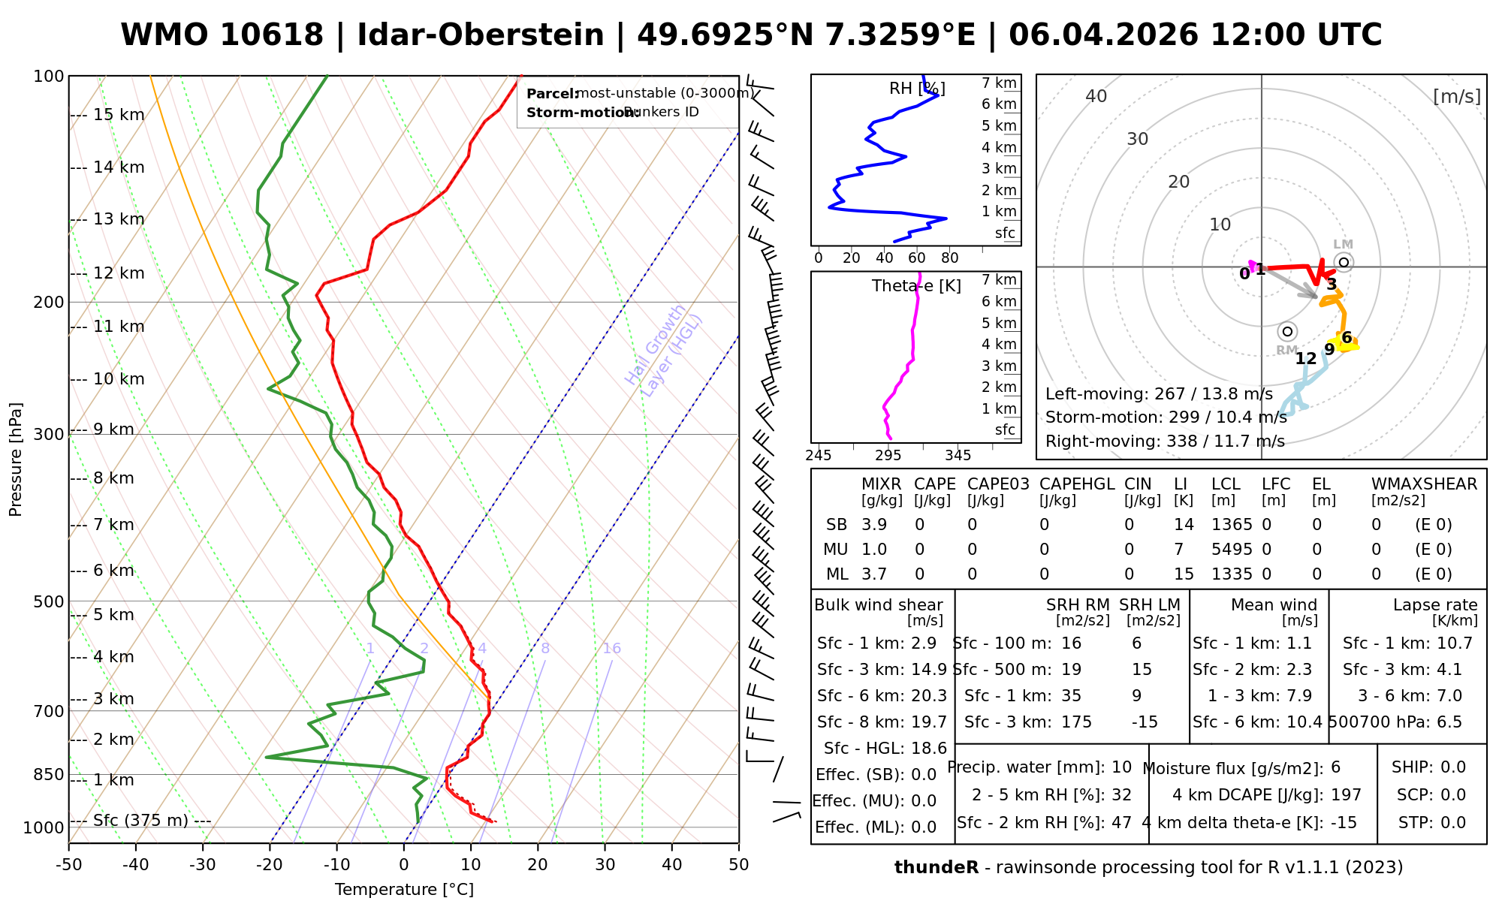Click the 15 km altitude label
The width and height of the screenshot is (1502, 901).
119,115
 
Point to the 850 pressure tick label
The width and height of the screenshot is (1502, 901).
49,774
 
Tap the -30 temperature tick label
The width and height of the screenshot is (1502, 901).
202,864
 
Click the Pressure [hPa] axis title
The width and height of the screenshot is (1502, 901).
16,460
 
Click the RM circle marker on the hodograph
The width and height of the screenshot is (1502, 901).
1287,331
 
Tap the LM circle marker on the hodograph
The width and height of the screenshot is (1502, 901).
1344,262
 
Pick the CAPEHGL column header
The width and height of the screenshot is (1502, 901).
1076,484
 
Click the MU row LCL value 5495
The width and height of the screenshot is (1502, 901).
1232,550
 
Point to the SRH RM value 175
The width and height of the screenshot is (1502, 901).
1076,722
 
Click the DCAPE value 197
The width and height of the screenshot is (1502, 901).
1346,795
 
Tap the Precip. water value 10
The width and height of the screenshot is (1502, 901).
1121,767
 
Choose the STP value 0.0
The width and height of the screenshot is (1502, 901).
1452,823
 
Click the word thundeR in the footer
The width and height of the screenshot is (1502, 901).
936,868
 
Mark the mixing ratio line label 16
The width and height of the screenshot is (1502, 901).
611,649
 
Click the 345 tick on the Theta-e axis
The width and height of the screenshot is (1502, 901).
958,456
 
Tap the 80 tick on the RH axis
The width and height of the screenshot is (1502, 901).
949,258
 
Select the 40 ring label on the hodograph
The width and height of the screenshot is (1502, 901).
1096,96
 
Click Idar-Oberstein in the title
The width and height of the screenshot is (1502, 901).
481,35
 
